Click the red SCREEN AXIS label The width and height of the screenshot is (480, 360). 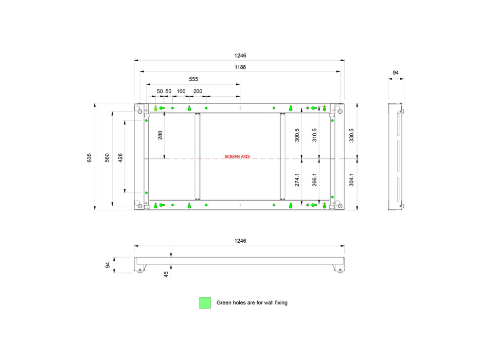point(237,156)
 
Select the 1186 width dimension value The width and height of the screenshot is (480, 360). point(240,67)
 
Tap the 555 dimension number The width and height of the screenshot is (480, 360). point(193,79)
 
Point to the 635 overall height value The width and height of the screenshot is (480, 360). point(89,158)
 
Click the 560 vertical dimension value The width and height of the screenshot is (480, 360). point(107,158)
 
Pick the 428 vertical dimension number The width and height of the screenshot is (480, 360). point(120,158)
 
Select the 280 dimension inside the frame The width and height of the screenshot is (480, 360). point(160,135)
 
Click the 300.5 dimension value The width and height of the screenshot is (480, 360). point(297,135)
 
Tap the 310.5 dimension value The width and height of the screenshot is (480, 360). point(314,135)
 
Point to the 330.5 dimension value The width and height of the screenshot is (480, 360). point(351,135)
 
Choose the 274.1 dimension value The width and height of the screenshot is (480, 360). point(297,179)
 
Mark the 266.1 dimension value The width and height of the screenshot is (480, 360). point(314,179)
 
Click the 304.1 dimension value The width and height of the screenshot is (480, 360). point(351,179)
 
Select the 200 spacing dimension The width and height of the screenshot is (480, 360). point(198,91)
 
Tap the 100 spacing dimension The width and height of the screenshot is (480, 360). point(181,91)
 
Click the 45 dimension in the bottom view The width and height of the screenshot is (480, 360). point(166,274)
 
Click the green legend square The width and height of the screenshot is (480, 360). point(205,303)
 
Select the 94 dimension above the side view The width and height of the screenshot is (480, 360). point(396,73)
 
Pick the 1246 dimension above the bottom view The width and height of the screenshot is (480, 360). point(240,241)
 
